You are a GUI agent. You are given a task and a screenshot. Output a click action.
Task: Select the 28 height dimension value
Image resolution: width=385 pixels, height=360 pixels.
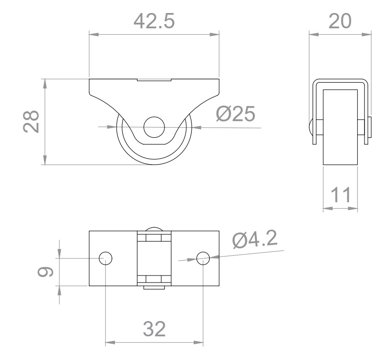pos(31,122)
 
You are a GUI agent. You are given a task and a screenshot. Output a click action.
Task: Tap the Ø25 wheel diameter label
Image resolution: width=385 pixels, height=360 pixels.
pos(235,114)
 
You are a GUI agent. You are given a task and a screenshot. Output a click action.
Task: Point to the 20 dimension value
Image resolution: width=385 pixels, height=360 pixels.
pos(340,21)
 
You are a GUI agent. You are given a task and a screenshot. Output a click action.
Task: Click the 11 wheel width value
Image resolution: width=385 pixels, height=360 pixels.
pos(341,195)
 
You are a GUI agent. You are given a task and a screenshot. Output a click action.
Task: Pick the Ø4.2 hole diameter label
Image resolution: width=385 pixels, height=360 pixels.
pos(255,238)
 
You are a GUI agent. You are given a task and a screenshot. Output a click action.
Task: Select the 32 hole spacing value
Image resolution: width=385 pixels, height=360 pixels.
pos(154,328)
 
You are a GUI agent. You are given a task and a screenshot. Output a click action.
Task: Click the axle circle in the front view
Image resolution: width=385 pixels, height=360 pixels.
pos(154,127)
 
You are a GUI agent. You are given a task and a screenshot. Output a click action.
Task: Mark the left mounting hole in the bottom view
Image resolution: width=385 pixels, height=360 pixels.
pos(105,258)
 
